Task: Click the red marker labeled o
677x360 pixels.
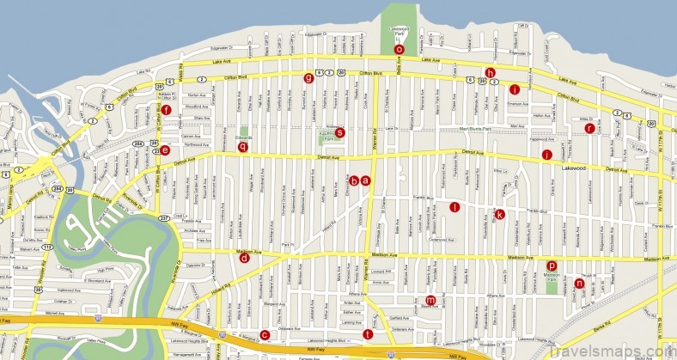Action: tap(399, 50)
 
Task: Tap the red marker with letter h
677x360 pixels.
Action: tap(491, 73)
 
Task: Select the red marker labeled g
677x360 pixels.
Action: tap(308, 78)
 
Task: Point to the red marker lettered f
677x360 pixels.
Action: tap(167, 109)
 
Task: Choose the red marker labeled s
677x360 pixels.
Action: tap(340, 132)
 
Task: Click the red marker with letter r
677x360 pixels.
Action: tap(589, 129)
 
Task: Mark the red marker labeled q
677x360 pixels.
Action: tap(243, 147)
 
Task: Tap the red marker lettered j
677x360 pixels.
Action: tap(546, 155)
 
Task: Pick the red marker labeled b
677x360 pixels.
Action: tap(354, 180)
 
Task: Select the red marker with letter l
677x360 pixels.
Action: tap(455, 206)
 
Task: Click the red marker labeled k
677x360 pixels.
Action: tap(499, 214)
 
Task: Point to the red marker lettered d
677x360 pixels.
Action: tap(245, 258)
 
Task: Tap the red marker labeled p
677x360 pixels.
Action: tap(552, 265)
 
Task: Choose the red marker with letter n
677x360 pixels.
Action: tap(579, 283)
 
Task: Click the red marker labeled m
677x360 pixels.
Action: tap(430, 300)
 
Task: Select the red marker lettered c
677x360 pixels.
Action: tap(265, 335)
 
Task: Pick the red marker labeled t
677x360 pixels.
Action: tap(368, 334)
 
